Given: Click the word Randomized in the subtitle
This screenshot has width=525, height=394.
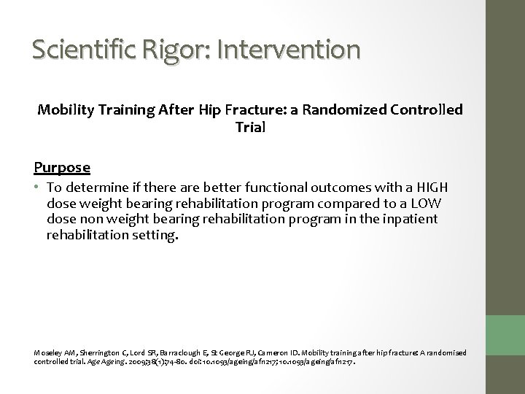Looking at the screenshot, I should (x=341, y=111).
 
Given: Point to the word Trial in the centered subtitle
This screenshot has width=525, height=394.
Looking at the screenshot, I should (x=250, y=127).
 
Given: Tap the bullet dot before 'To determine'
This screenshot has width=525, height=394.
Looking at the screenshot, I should (x=37, y=186).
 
